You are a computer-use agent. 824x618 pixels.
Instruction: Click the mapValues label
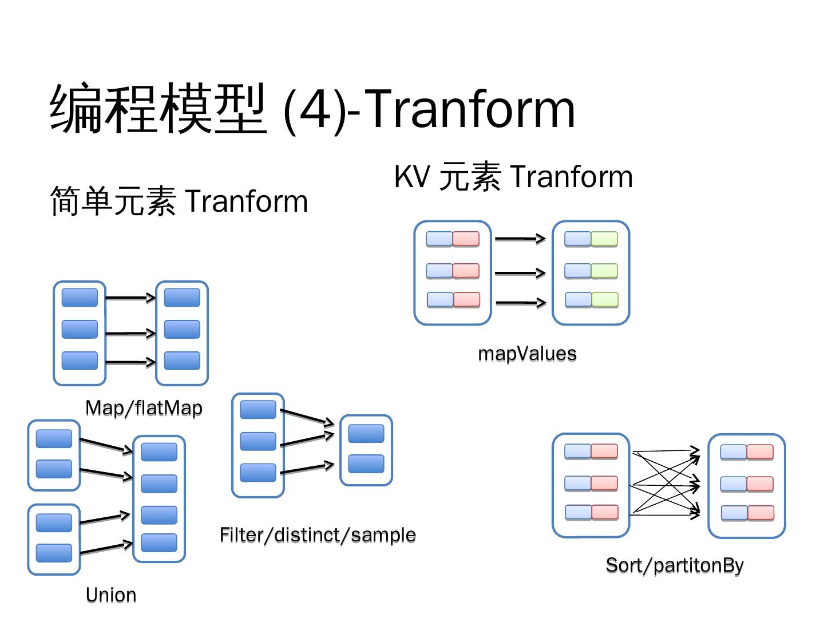click(527, 353)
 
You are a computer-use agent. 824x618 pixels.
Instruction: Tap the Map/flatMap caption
click(144, 407)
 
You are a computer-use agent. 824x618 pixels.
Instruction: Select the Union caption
click(111, 595)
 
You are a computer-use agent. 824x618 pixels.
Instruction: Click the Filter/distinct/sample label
click(318, 534)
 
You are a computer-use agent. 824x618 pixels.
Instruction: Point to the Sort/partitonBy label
click(675, 565)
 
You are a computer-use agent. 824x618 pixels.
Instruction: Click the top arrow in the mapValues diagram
click(520, 239)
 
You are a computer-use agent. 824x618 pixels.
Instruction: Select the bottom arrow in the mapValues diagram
click(520, 302)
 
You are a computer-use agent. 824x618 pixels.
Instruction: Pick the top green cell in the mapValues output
click(604, 239)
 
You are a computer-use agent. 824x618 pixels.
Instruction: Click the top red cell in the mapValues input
click(466, 239)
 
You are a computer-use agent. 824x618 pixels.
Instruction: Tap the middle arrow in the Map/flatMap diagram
click(130, 333)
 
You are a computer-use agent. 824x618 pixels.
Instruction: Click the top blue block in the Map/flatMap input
click(80, 298)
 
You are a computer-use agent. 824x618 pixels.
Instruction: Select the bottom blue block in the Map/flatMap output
click(182, 360)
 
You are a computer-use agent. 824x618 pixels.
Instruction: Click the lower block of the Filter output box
click(366, 463)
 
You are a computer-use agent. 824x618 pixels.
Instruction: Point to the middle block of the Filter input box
click(258, 441)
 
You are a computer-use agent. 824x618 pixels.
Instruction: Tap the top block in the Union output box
click(159, 452)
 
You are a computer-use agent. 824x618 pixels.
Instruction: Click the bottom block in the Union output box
click(159, 542)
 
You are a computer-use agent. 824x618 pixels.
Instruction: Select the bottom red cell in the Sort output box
click(760, 513)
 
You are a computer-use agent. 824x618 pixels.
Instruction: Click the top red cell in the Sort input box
click(604, 451)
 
